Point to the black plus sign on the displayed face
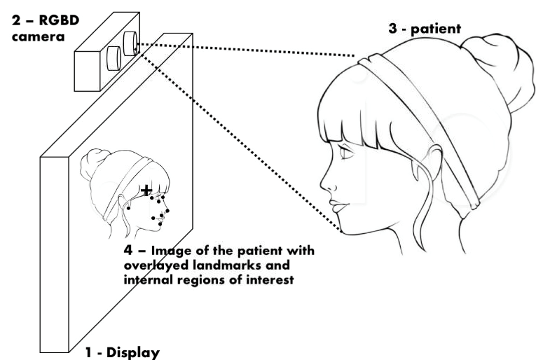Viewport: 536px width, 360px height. point(146,190)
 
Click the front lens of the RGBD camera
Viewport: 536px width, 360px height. point(129,43)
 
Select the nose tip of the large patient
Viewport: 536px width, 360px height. point(323,188)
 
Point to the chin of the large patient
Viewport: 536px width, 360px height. point(343,230)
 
